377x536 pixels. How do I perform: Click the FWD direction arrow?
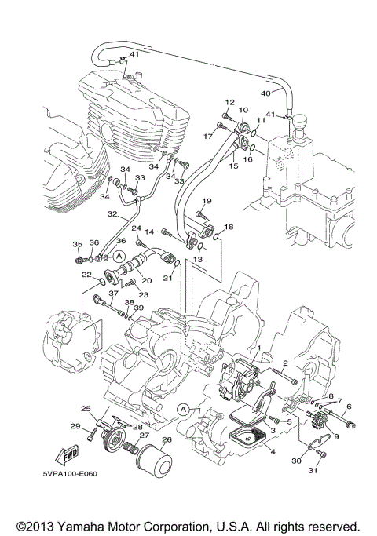click(x=63, y=456)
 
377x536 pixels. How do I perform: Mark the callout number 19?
click(x=208, y=202)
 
